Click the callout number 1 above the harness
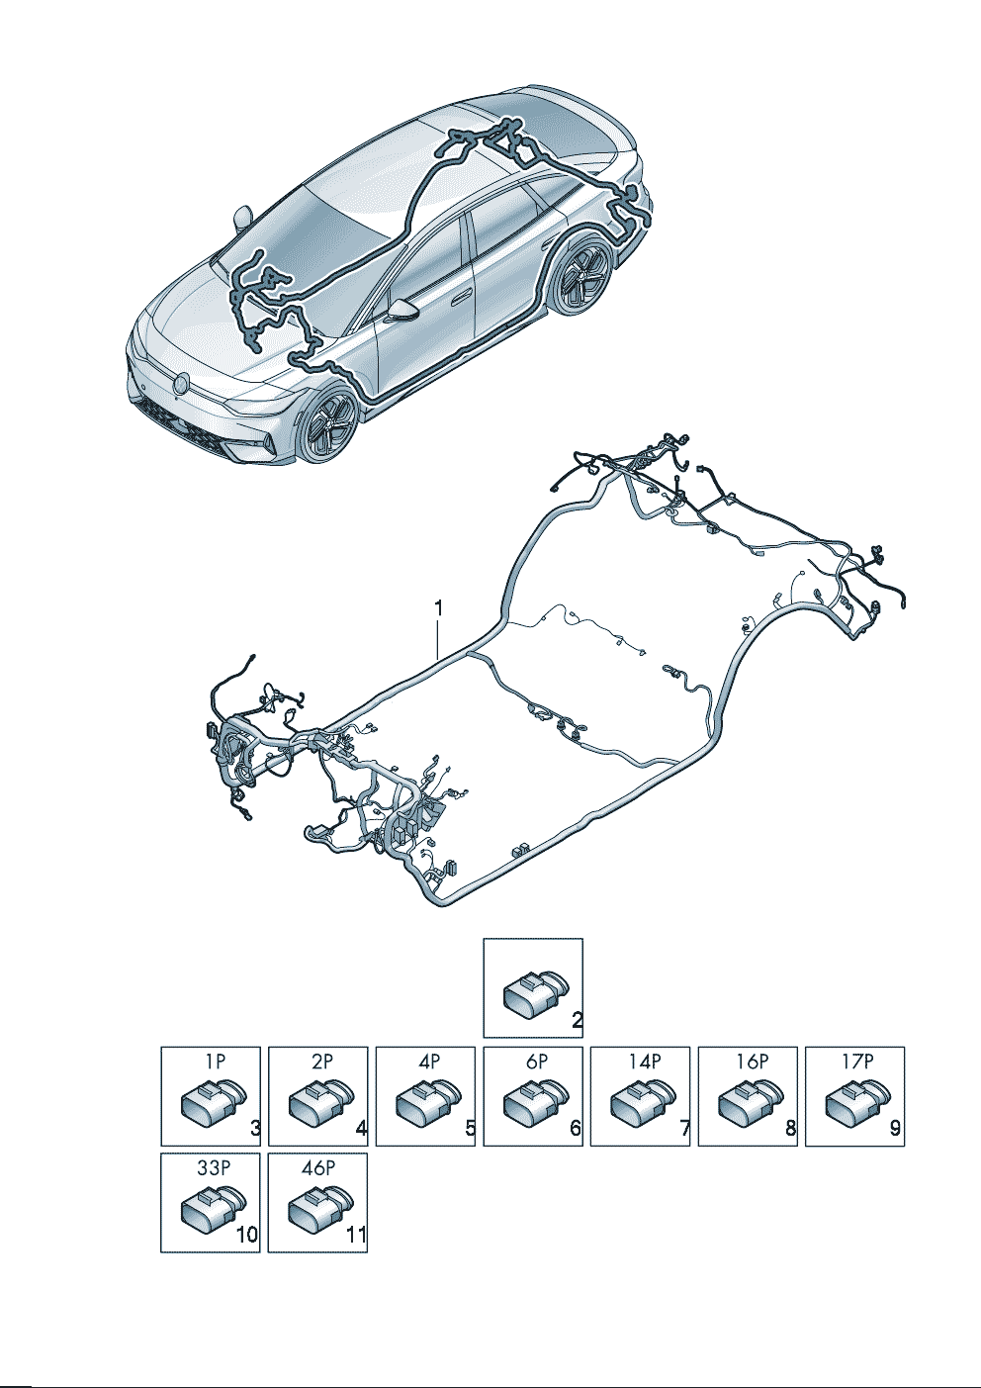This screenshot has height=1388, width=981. tap(438, 609)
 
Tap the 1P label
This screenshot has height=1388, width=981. tap(215, 1063)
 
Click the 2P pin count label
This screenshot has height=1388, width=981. tap(322, 1063)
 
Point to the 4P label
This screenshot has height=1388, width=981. tap(429, 1063)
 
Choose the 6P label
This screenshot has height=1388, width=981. tap(537, 1063)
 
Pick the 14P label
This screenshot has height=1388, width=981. tap(645, 1063)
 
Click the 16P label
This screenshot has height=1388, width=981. tap(752, 1063)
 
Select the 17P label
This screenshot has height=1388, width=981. tap(858, 1063)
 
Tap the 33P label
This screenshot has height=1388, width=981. tap(214, 1168)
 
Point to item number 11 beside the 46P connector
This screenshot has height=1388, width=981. tap(355, 1235)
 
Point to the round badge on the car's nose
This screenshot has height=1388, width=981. tap(181, 383)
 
